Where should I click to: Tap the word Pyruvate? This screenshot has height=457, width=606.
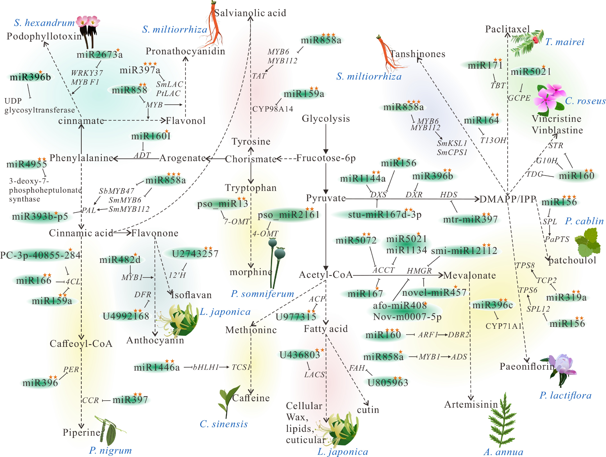326,198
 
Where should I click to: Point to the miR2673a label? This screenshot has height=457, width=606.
99,55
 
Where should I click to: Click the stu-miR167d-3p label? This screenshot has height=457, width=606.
384,214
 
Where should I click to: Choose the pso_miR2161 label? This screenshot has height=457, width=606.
288,214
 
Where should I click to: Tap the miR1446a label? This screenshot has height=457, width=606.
157,367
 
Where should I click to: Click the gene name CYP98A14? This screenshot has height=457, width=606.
273,109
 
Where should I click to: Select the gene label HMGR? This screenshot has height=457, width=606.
419,271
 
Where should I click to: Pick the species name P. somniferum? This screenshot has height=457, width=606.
262,294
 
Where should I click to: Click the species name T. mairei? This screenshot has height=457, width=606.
565,42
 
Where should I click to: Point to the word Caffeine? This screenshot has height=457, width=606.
251,398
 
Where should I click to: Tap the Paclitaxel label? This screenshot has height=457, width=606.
507,29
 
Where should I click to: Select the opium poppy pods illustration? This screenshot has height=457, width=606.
277,260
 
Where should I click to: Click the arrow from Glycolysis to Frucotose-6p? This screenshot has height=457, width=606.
326,138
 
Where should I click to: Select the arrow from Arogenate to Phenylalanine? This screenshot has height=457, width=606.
136,158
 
